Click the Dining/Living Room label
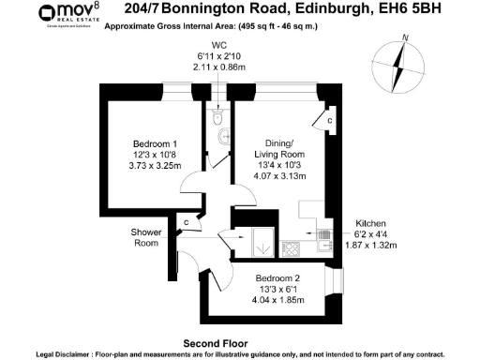click(281, 149)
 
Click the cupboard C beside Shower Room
click(187, 222)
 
